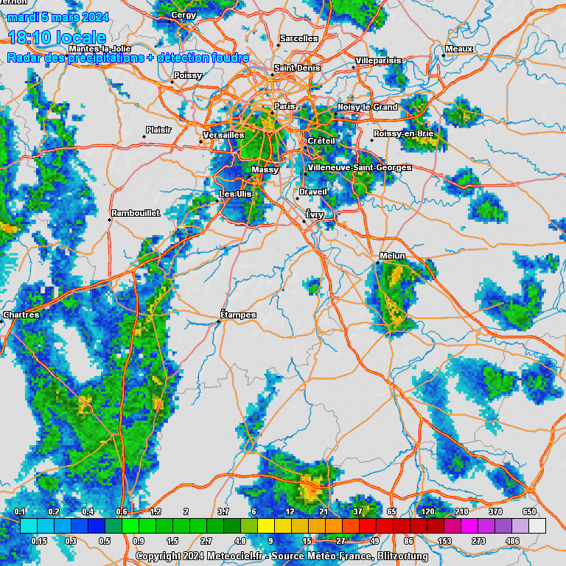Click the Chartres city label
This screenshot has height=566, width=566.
click(21, 315)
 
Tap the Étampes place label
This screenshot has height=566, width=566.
click(239, 315)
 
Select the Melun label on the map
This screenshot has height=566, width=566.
click(393, 256)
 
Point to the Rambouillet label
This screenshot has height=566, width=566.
click(136, 213)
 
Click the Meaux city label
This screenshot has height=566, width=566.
click(459, 49)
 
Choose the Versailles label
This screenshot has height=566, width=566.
click(224, 135)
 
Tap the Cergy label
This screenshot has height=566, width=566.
click(184, 15)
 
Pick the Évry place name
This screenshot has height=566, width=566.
click(315, 214)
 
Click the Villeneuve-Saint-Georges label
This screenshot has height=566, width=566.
click(360, 167)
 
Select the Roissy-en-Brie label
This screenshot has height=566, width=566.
click(404, 133)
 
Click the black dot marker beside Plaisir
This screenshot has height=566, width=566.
click(144, 136)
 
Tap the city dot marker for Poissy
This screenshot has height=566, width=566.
click(172, 82)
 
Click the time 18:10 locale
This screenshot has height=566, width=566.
click(57, 38)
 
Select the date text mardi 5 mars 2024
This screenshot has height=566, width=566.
click(57, 17)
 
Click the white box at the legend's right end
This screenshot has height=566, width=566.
click(537, 525)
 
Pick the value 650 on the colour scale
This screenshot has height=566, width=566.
click(529, 511)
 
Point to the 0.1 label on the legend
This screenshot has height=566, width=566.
click(21, 511)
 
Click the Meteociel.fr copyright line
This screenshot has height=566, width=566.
click(282, 556)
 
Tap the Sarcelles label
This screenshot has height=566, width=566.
click(299, 38)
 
